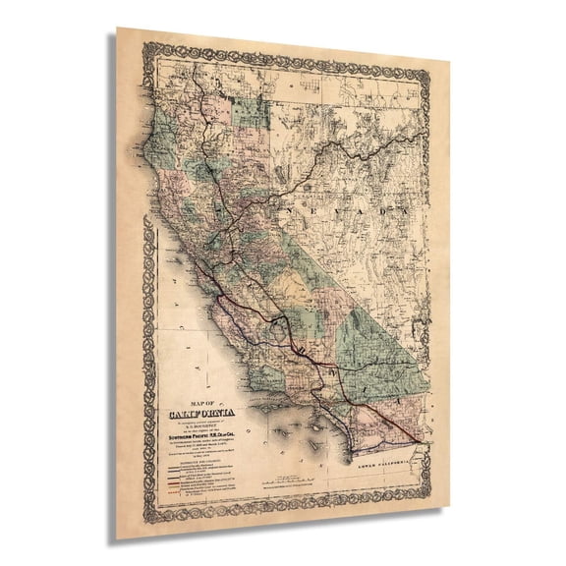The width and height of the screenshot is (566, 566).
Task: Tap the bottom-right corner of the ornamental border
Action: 431,515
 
